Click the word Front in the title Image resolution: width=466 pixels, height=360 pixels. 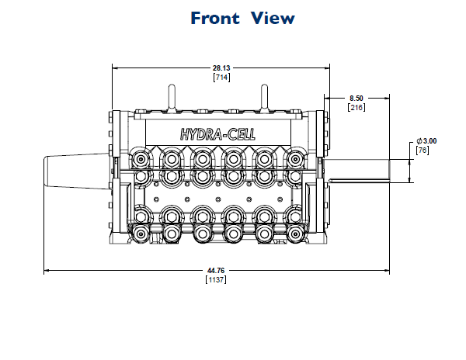[214, 18]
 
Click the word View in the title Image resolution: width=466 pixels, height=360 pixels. [273, 18]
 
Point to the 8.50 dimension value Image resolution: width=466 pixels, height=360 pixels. [356, 98]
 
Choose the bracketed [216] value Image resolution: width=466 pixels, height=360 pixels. [356, 107]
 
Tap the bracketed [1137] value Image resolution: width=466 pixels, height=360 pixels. [215, 279]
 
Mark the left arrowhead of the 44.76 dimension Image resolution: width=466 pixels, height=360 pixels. [47, 271]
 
